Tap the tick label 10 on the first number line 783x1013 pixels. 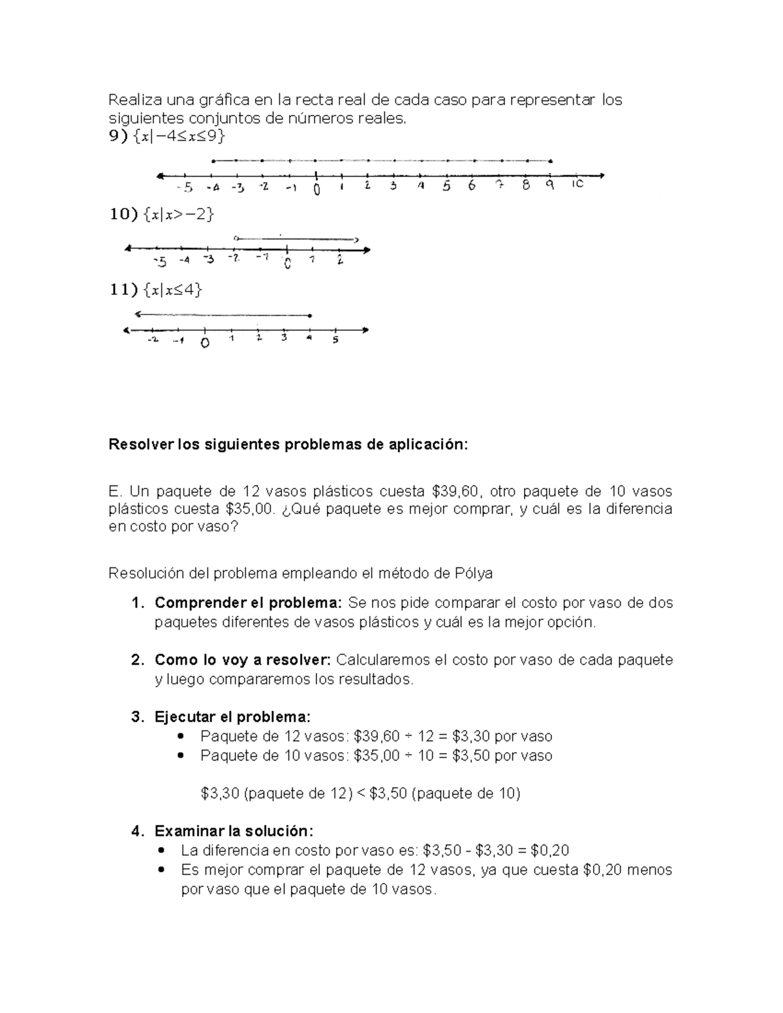point(577,185)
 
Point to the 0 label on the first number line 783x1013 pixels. point(316,189)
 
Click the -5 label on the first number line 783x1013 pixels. point(185,189)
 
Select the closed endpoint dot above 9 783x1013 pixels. point(551,161)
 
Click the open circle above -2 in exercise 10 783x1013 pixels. point(236,237)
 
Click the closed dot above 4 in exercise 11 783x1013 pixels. point(310,316)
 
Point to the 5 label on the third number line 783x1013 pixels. point(335,340)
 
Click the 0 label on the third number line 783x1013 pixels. point(205,342)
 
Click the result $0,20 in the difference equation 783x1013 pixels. point(550,851)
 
